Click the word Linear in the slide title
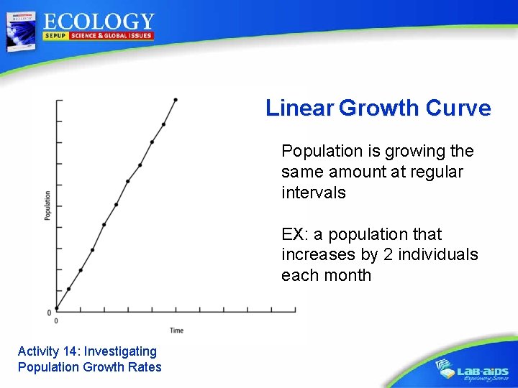point(299,108)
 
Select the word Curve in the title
point(458,108)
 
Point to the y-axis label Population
point(47,205)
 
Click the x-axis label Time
point(176,331)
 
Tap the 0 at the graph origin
point(49,313)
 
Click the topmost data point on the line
point(176,100)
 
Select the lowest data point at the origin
point(57,309)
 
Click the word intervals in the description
point(314,193)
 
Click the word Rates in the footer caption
point(145,367)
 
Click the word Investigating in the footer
point(120,351)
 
